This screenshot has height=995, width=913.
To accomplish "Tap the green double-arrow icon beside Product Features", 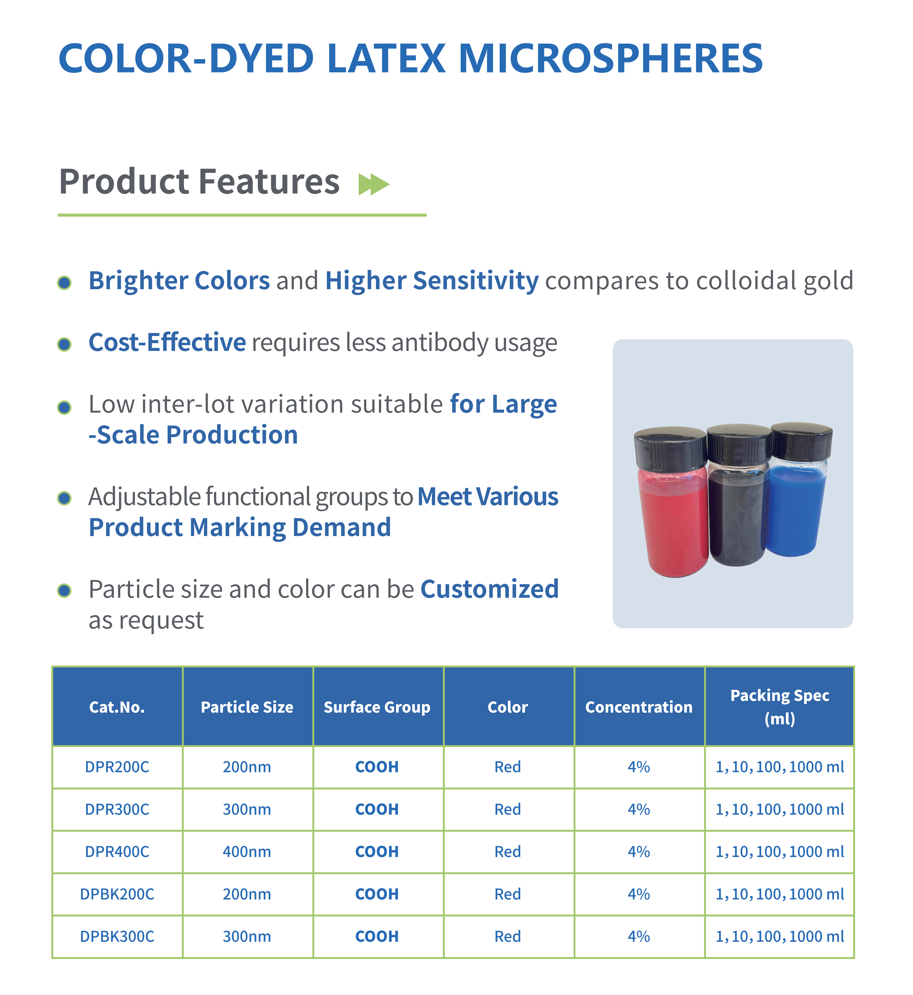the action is tap(374, 184).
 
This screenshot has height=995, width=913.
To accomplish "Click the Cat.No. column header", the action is tap(117, 707).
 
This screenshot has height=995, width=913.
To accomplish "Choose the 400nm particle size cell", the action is tap(247, 852).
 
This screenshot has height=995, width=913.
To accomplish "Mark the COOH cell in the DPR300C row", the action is tap(377, 809).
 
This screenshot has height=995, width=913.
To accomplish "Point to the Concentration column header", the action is tap(639, 707).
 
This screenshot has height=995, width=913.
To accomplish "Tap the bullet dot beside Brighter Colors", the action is tap(64, 283).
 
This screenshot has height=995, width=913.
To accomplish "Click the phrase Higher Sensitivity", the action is tap(432, 281).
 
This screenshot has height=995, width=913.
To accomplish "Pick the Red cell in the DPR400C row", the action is tap(508, 852).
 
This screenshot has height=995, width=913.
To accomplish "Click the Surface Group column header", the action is tap(377, 707).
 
